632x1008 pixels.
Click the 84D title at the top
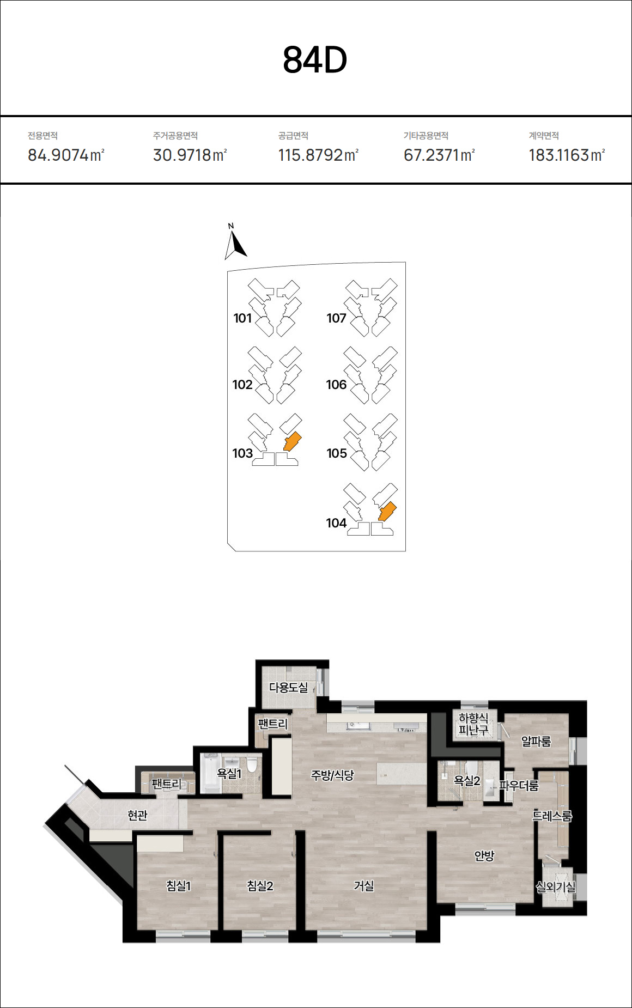[x=315, y=60]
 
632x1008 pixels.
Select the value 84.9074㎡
[x=66, y=155]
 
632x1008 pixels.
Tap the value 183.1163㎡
[x=567, y=155]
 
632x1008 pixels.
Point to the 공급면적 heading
[x=293, y=136]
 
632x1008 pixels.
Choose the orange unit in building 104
[x=387, y=512]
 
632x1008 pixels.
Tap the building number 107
[x=336, y=318]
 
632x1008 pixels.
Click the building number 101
[x=242, y=318]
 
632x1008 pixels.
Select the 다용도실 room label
[x=289, y=688]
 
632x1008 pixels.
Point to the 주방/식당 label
[x=332, y=775]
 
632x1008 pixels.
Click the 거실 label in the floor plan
[x=364, y=886]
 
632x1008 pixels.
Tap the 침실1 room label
[x=179, y=886]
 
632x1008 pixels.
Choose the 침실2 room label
[x=260, y=886]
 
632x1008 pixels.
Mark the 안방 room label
[x=484, y=855]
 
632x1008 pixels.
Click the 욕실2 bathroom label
[x=467, y=781]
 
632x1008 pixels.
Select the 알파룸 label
[x=536, y=741]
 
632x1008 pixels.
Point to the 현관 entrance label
[x=137, y=815]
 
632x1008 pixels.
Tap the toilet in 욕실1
[x=252, y=764]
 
